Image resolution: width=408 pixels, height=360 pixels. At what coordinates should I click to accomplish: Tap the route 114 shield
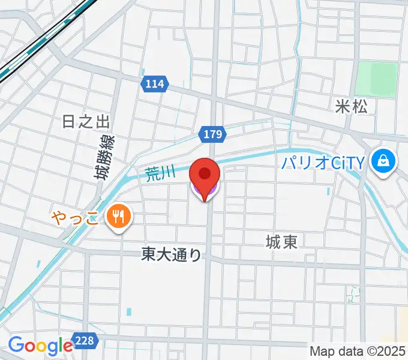tap(154, 85)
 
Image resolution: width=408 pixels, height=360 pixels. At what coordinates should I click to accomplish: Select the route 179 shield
tap(213, 134)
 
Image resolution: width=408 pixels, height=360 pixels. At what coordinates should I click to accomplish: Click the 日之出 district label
tap(86, 122)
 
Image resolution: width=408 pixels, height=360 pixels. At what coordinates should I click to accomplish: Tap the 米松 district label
tap(355, 107)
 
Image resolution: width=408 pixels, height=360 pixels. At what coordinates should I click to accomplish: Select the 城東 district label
tap(282, 242)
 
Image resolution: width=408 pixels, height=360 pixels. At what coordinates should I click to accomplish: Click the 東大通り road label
tap(172, 255)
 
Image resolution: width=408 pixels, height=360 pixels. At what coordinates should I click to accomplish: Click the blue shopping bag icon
tap(382, 161)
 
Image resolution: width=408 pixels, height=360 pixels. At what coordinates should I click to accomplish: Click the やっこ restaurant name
tap(75, 216)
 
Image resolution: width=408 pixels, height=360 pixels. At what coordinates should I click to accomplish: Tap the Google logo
tap(40, 346)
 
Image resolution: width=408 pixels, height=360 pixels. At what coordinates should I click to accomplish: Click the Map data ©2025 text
tap(358, 351)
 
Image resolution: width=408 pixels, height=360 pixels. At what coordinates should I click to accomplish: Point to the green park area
tap(376, 79)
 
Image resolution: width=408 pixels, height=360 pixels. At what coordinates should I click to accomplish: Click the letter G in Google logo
tap(16, 345)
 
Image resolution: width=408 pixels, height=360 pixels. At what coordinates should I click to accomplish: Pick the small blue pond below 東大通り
tap(129, 311)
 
